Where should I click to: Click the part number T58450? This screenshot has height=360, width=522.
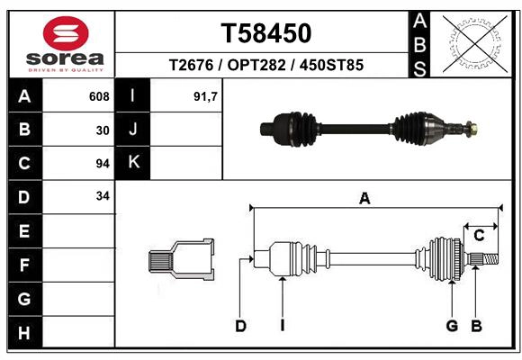pyautogui.click(x=266, y=34)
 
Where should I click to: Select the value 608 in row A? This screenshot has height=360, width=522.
pyautogui.click(x=99, y=96)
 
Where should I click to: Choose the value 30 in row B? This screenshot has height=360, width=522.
pyautogui.click(x=103, y=130)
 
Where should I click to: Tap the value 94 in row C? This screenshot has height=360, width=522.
pyautogui.click(x=103, y=163)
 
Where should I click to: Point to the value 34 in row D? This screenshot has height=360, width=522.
pyautogui.click(x=103, y=195)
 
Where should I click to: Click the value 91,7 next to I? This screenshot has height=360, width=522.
pyautogui.click(x=206, y=96)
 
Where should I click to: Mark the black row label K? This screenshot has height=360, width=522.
pyautogui.click(x=133, y=163)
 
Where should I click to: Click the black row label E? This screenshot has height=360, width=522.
pyautogui.click(x=24, y=231)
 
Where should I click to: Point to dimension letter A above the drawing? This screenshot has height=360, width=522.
pyautogui.click(x=364, y=199)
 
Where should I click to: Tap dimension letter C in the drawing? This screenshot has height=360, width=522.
pyautogui.click(x=479, y=236)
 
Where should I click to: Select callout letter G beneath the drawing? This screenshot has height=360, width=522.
pyautogui.click(x=452, y=325)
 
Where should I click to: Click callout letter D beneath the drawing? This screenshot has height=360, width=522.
pyautogui.click(x=240, y=325)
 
